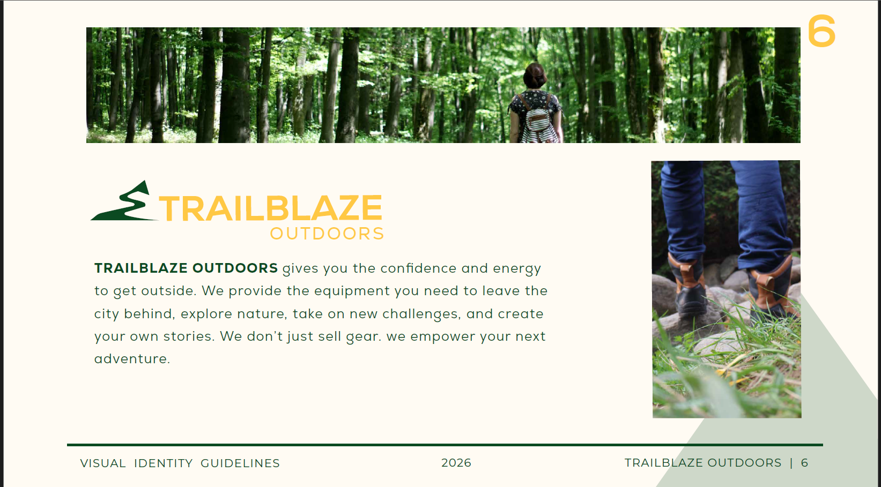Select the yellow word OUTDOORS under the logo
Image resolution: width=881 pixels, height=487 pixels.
tap(327, 234)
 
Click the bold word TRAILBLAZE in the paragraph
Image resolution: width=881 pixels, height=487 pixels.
tap(141, 268)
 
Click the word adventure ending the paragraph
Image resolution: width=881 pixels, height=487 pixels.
tap(132, 358)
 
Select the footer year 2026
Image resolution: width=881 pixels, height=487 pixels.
tap(456, 463)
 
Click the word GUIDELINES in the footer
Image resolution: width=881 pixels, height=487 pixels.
tap(240, 463)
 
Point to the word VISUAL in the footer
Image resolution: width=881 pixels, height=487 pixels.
tap(103, 463)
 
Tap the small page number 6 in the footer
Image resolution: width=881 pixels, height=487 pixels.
tap(805, 463)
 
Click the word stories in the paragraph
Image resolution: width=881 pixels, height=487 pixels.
tap(189, 336)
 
